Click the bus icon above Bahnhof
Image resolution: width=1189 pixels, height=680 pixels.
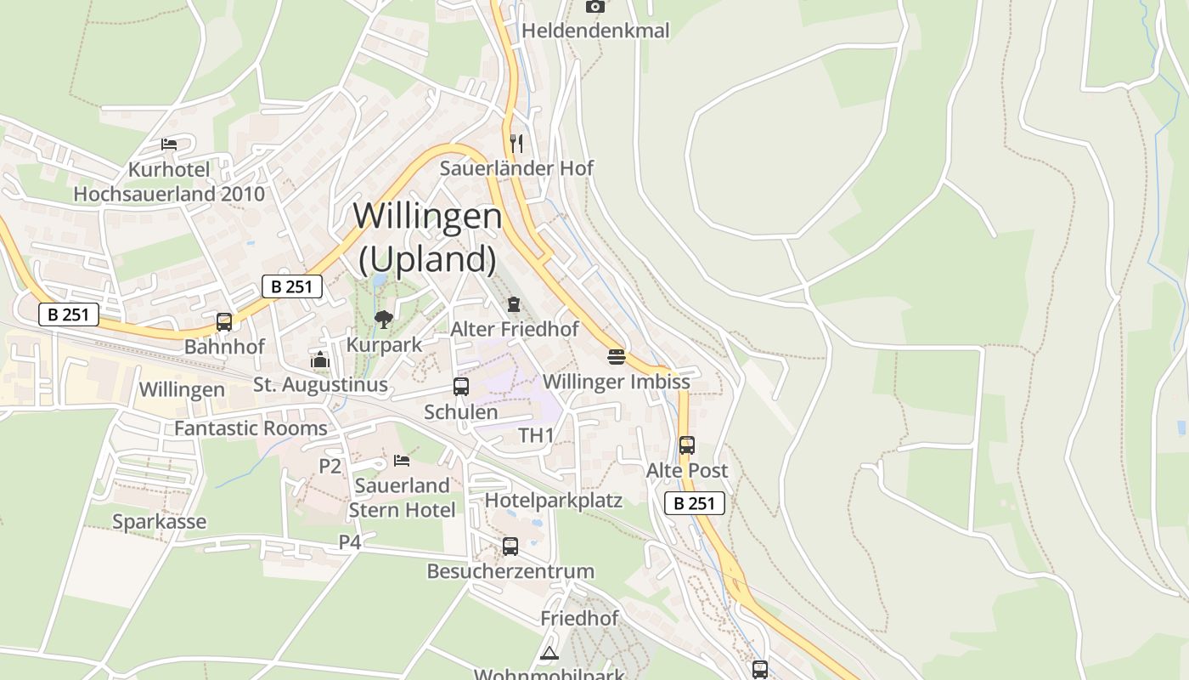[224, 322]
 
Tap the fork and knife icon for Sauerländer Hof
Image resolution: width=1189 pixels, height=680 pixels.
[516, 143]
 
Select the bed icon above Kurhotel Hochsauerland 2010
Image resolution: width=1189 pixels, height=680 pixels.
[169, 144]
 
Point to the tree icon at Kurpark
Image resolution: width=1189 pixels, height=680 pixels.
[384, 320]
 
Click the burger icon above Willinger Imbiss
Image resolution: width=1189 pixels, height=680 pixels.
[616, 356]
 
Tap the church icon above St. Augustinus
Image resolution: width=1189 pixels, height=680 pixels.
[320, 360]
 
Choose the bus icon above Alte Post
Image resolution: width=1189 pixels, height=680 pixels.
[686, 445]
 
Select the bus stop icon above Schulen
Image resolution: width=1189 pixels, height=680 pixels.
[461, 387]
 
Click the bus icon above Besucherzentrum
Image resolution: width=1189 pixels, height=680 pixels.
[510, 546]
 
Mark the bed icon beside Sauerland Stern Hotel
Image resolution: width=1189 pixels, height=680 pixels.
[402, 461]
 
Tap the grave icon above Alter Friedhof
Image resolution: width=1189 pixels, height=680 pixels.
[514, 303]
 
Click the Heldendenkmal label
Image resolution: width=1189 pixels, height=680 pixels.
[595, 31]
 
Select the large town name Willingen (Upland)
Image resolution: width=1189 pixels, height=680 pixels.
[427, 236]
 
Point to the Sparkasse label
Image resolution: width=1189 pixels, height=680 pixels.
[160, 521]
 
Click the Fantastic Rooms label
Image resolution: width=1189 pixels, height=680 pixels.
[251, 428]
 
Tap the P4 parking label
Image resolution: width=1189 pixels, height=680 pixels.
[350, 541]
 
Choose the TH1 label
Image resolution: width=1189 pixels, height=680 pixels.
[537, 436]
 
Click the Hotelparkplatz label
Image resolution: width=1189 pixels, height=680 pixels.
[554, 501]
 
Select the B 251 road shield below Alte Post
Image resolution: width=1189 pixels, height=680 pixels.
[695, 503]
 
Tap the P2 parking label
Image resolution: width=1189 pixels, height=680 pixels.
[330, 466]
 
